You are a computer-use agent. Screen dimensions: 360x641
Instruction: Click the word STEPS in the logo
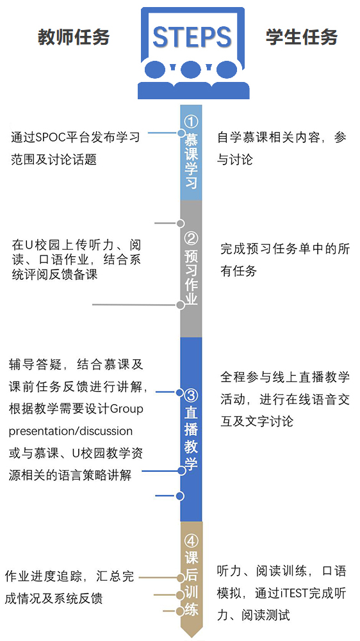192,37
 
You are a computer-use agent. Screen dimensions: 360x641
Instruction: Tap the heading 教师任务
74,37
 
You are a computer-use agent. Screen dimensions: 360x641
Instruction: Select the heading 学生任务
302,37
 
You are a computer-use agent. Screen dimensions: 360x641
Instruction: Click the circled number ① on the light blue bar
191,122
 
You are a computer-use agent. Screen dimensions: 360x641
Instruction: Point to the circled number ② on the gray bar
192,238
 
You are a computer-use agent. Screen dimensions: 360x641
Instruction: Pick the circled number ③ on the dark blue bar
191,394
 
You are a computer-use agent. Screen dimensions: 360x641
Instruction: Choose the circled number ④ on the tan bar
192,541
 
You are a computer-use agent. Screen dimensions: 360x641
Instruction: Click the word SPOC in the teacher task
49,137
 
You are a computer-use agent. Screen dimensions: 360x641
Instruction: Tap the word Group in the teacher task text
127,409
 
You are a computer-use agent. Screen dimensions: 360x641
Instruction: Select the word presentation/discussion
70,432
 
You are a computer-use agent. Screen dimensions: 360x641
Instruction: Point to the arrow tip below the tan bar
192,637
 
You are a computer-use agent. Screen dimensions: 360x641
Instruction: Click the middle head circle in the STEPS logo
191,70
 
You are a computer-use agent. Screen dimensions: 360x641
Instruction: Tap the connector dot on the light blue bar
181,133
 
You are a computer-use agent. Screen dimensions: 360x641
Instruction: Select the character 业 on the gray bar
192,298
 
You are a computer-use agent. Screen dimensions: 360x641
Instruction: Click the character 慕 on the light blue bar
191,138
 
